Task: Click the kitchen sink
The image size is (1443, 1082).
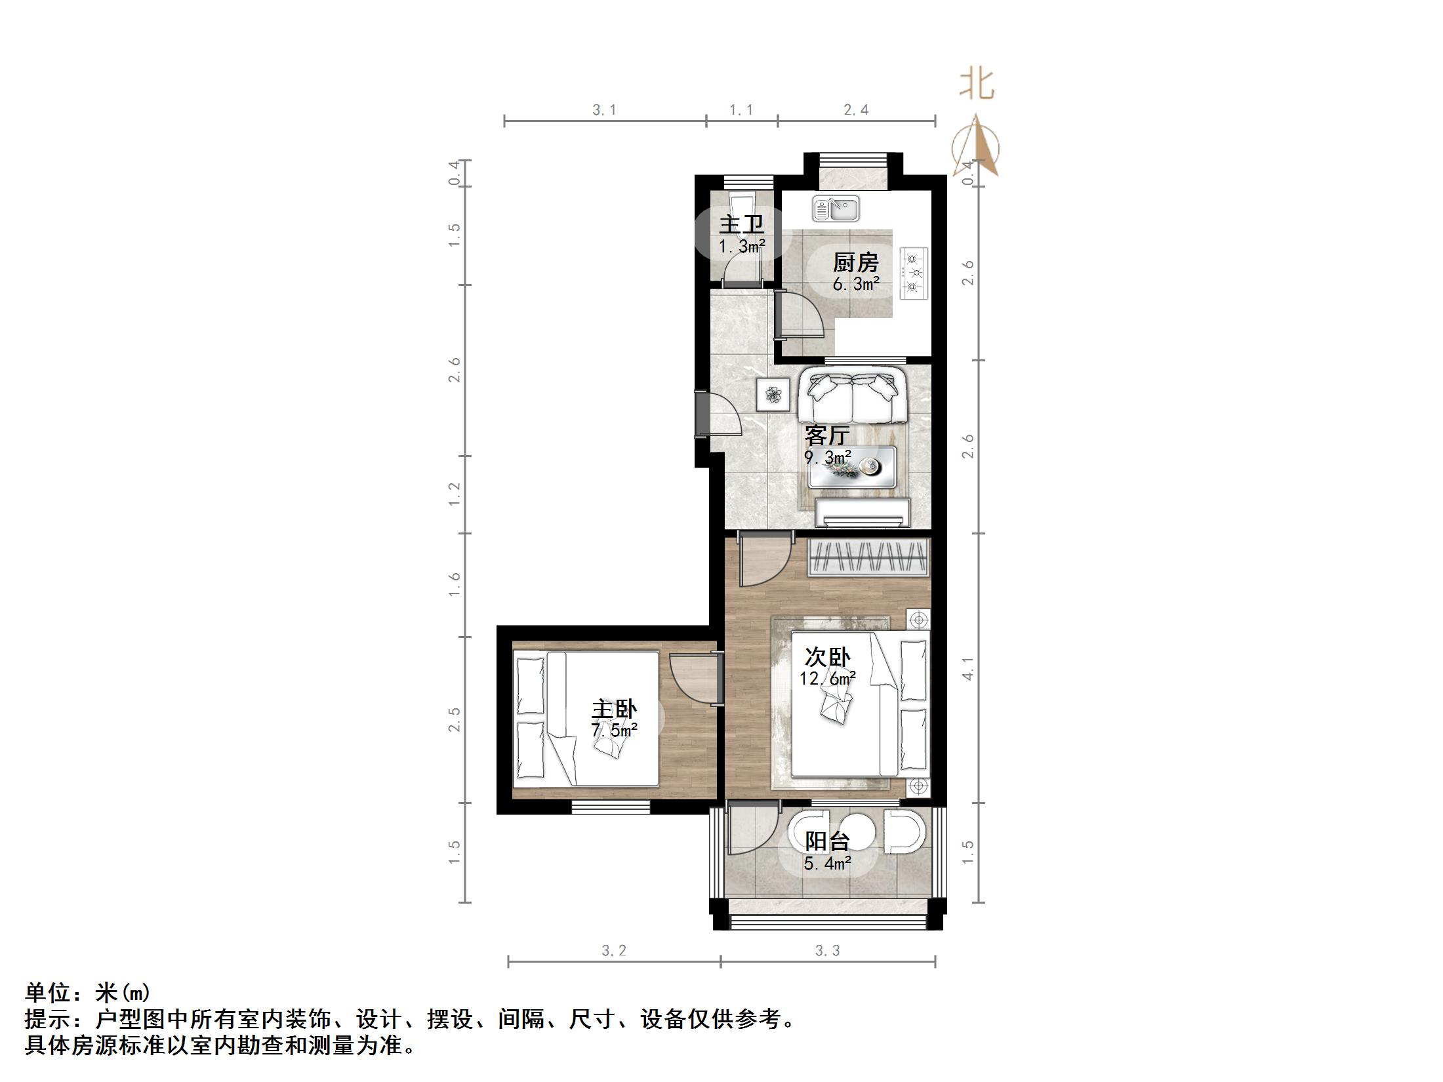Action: pyautogui.click(x=836, y=209)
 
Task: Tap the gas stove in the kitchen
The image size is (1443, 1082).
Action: pyautogui.click(x=913, y=273)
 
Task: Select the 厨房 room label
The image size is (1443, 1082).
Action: pyautogui.click(x=855, y=263)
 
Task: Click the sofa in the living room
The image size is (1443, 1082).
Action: pyautogui.click(x=852, y=397)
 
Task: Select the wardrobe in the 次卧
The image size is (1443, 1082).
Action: pyautogui.click(x=868, y=557)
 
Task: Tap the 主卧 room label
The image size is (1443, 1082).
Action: pyautogui.click(x=614, y=710)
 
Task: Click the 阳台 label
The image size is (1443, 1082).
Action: pyautogui.click(x=827, y=841)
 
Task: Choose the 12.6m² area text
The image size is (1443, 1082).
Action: pyautogui.click(x=827, y=679)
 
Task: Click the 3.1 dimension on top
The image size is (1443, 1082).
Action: pyautogui.click(x=604, y=110)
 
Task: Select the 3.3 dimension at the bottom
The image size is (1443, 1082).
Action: pyautogui.click(x=827, y=950)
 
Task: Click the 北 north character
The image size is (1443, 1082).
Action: pyautogui.click(x=977, y=85)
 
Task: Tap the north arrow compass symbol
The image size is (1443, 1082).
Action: pyautogui.click(x=977, y=147)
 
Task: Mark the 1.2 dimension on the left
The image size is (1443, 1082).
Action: pyautogui.click(x=454, y=494)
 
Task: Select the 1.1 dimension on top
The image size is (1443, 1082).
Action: pyautogui.click(x=741, y=110)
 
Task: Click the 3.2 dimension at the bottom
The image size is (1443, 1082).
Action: pyautogui.click(x=614, y=950)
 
